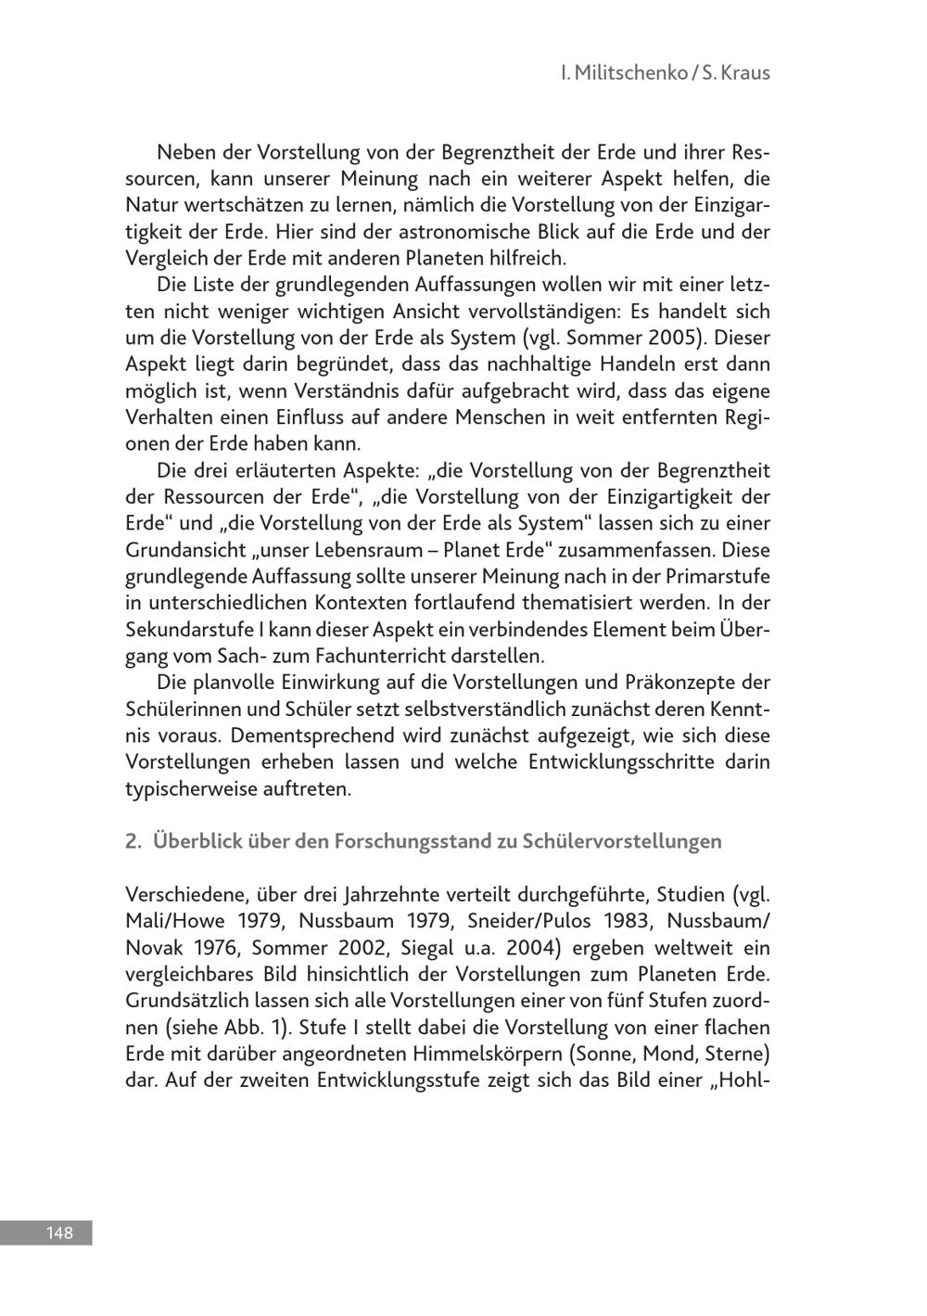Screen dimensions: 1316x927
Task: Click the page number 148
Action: point(58,1233)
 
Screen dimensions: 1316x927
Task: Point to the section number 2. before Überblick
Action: point(133,841)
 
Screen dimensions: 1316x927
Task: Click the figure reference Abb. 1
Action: point(242,1029)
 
